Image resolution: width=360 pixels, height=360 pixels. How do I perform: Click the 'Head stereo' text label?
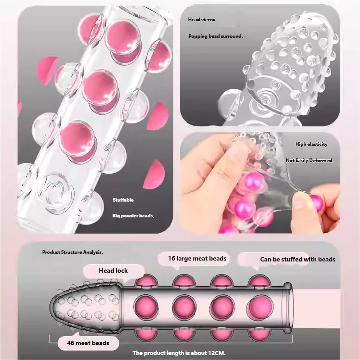tap(201, 19)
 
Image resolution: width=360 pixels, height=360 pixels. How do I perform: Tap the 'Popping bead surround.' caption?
tap(216, 36)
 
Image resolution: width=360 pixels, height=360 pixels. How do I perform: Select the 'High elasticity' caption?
tap(311, 144)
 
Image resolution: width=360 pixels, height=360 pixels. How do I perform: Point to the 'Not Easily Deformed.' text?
tap(310, 160)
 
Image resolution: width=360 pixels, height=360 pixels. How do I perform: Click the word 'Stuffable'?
tap(123, 200)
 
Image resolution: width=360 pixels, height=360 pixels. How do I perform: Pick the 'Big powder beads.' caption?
tap(133, 216)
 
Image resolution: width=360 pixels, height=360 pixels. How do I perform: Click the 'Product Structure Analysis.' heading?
tap(72, 252)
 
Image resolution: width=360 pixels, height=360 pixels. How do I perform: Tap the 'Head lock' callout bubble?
tap(113, 271)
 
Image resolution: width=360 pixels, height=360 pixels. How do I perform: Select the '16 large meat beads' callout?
tap(197, 258)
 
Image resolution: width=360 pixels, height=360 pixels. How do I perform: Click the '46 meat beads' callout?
tap(88, 343)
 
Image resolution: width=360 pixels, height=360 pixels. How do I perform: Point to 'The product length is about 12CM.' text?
tap(179, 353)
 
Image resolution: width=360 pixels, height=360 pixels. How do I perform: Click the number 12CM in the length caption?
tap(216, 353)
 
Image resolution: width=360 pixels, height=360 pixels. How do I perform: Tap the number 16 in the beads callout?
tap(171, 258)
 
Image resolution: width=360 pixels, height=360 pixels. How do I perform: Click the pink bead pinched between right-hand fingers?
tap(317, 202)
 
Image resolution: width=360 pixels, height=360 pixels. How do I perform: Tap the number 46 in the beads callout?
tap(71, 343)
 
